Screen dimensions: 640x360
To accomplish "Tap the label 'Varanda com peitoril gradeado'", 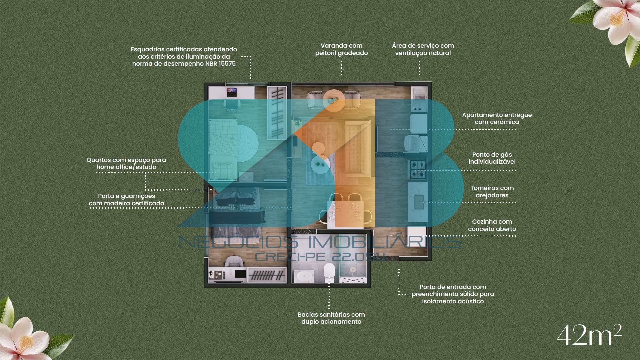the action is click(342, 49).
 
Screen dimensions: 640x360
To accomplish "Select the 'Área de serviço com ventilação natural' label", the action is click(423, 49).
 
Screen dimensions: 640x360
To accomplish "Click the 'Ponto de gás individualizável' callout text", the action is click(492, 158).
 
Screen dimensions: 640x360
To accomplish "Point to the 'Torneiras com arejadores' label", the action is click(492, 192).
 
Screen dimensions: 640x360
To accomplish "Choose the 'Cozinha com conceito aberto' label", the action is click(492, 225).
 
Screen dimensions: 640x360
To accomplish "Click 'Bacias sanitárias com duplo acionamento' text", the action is click(331, 318).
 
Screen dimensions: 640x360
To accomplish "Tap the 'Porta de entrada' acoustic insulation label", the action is click(453, 294).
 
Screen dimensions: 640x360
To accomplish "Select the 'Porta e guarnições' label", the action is click(127, 199).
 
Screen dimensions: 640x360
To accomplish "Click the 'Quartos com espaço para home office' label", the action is click(126, 163).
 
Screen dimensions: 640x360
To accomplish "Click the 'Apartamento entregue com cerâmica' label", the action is click(497, 118).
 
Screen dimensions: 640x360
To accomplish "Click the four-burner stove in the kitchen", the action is click(417, 169).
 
